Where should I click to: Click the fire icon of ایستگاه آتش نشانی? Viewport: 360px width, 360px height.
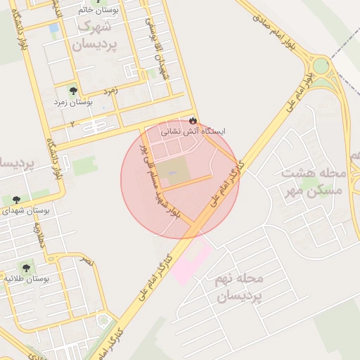click(x=193, y=120)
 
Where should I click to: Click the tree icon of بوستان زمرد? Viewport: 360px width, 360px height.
click(x=74, y=91)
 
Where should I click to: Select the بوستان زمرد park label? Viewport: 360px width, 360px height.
click(x=74, y=103)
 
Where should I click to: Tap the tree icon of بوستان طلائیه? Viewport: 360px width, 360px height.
click(x=26, y=268)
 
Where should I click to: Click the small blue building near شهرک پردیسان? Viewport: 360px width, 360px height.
click(x=54, y=27)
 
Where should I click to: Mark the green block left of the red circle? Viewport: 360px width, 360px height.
click(x=85, y=166)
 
